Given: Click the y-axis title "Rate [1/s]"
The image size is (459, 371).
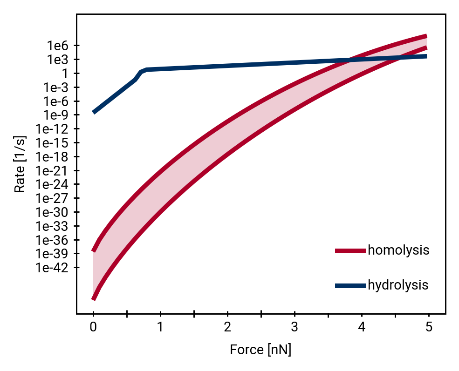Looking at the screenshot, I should coord(20,164).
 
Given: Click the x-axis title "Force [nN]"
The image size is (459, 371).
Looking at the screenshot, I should coord(260,350).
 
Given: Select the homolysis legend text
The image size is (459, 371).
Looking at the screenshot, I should coord(398,250).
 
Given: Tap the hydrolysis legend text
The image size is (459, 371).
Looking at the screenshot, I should coord(397,285).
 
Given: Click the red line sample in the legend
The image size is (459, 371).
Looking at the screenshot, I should coord(350,251).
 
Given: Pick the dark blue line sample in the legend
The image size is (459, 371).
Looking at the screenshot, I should coord(350,286).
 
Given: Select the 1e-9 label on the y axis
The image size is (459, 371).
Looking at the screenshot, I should coord(55,115).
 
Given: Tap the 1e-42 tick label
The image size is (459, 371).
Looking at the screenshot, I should coord(52,268).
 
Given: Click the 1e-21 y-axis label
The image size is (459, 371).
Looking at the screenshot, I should coord(52,171).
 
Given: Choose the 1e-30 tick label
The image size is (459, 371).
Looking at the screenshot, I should coord(52,212).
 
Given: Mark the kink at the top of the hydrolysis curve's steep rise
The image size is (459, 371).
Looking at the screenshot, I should coord(146,69).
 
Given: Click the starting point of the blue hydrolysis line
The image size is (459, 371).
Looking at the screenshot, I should coord(94,112).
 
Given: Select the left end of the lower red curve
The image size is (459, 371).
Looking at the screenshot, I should coord(93,299).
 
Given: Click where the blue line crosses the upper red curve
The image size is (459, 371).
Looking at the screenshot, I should coord(350,60).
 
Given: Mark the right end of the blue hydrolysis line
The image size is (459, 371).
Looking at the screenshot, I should coord(426,56).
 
